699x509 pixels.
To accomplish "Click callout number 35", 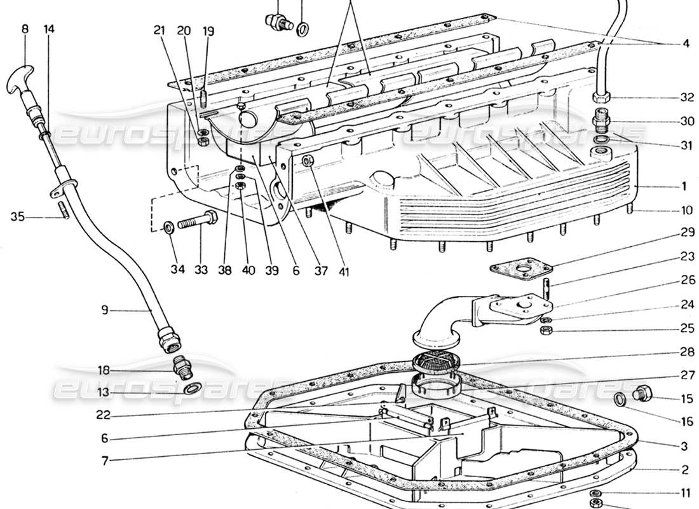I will (x=17, y=217).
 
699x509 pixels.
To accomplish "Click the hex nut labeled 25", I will (x=545, y=331).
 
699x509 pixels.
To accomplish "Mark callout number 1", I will (x=684, y=187).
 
